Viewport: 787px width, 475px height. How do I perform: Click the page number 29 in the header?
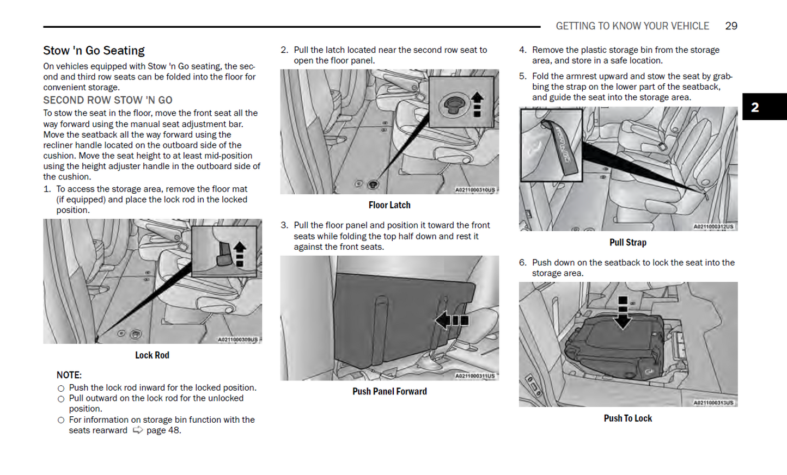[731, 26]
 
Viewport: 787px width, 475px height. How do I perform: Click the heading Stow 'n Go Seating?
[94, 51]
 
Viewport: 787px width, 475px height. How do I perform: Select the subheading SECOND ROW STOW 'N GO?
[108, 100]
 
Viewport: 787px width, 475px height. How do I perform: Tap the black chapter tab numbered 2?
[764, 107]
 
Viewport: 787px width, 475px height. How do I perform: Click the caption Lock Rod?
[152, 355]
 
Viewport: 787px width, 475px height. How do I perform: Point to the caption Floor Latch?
[389, 205]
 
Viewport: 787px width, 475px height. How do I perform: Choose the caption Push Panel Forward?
[389, 391]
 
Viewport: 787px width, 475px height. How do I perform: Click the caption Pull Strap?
[627, 243]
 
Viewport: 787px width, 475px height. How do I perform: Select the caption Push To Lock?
[627, 418]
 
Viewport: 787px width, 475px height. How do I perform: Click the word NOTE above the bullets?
[69, 375]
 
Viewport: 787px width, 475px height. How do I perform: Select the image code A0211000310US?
[475, 190]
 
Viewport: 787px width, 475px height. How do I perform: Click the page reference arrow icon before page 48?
[138, 430]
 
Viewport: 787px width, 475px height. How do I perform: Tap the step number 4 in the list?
[522, 50]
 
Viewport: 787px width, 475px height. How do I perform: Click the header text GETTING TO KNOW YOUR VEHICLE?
[632, 26]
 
